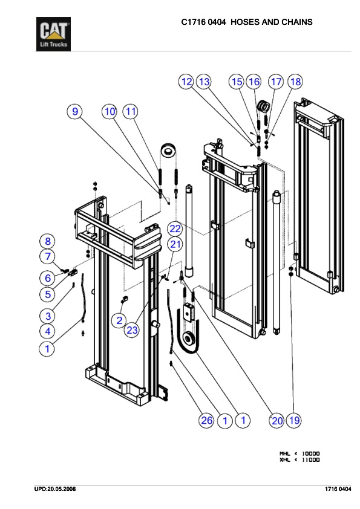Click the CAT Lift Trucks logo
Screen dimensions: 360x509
(53, 34)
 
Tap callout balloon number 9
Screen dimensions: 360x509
(75, 112)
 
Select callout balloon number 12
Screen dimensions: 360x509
(186, 82)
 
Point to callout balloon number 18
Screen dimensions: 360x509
(295, 82)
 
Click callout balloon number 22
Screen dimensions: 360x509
(175, 229)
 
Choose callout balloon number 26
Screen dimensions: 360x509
(207, 421)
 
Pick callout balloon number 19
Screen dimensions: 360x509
(294, 420)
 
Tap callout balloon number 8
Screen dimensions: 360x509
(48, 241)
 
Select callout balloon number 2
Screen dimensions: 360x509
(119, 320)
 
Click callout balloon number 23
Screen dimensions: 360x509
(132, 330)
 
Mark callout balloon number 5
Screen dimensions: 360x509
(48, 294)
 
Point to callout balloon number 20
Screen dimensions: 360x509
(277, 421)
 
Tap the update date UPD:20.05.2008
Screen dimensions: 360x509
(55, 489)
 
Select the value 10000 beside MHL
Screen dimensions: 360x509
(310, 453)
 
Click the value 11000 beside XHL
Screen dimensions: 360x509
(310, 459)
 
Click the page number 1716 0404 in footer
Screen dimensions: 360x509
(338, 489)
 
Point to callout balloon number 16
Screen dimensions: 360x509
(254, 82)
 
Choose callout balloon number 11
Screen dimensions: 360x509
(130, 112)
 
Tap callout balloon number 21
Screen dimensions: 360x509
(175, 244)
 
